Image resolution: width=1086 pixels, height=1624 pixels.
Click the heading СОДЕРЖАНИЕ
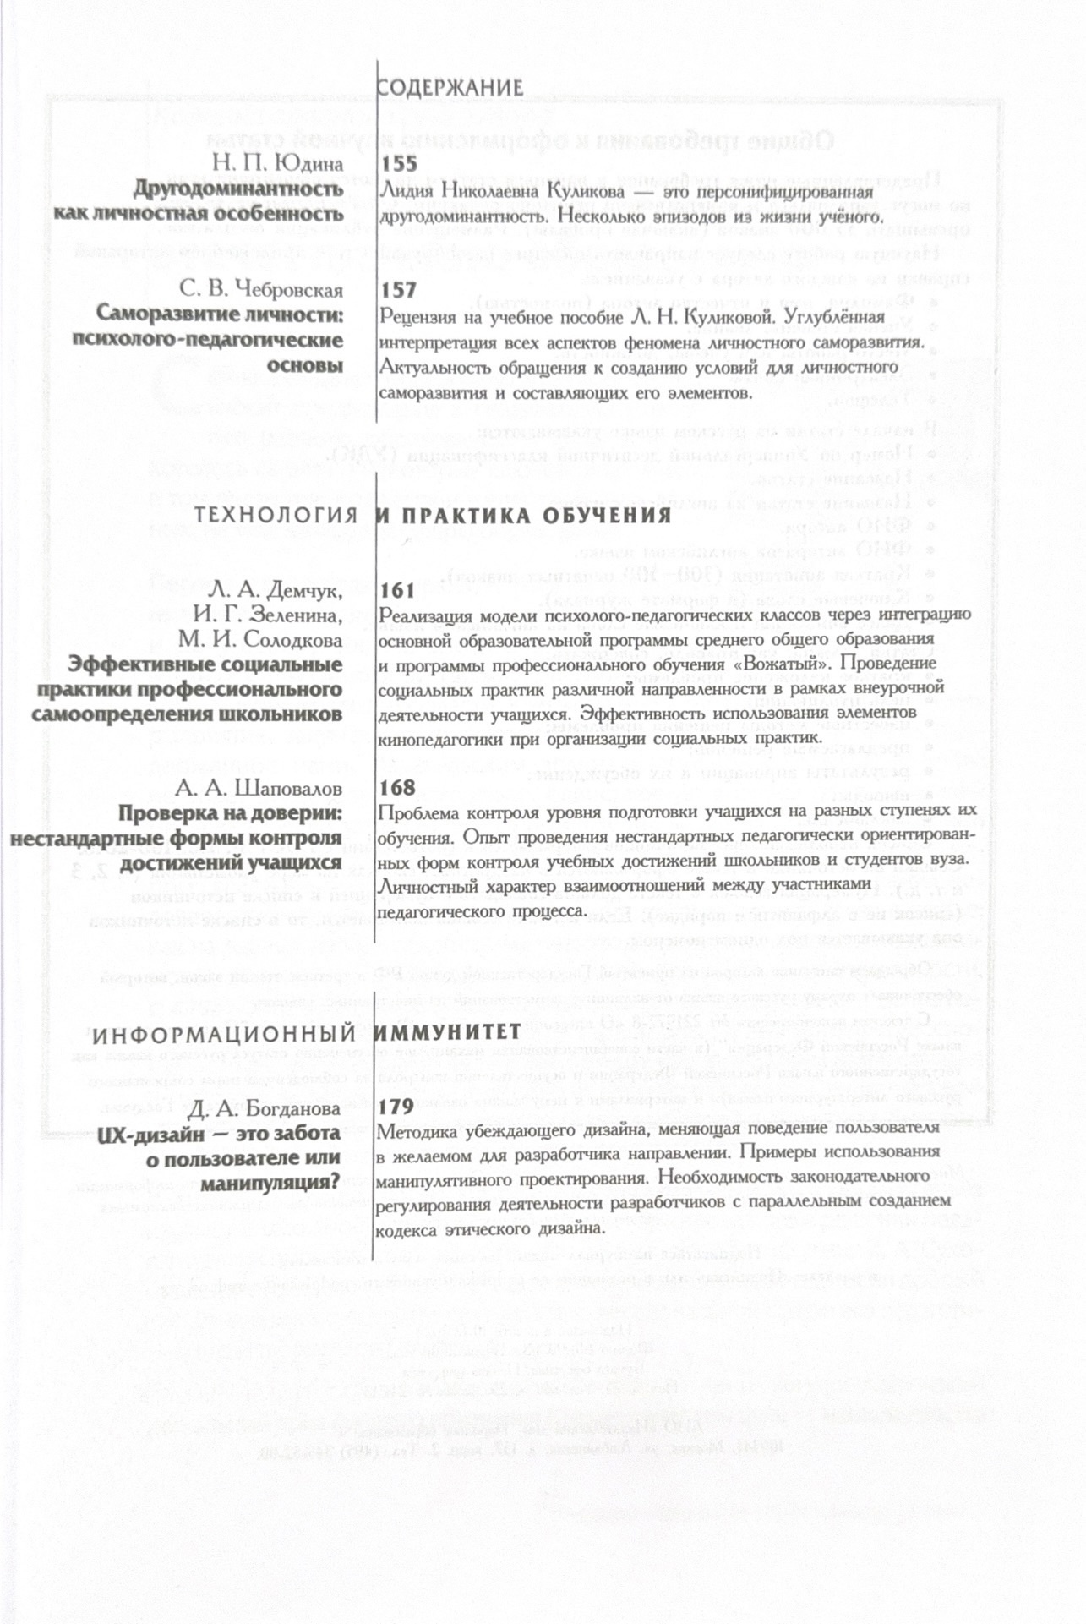(450, 88)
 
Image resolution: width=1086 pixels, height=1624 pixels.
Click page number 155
(399, 163)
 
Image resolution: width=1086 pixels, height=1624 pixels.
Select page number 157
(399, 290)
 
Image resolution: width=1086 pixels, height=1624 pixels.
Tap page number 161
(398, 590)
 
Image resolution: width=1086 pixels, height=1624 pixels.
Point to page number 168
(398, 788)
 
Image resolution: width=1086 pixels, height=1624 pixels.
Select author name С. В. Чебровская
(261, 290)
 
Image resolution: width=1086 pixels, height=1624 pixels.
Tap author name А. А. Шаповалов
(259, 789)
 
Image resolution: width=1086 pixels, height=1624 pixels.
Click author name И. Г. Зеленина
(268, 615)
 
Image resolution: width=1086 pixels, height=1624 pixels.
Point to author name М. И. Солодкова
(260, 640)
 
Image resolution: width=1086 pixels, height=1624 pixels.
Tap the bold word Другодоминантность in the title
(238, 189)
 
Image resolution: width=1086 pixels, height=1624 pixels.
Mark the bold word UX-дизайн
(148, 1133)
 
